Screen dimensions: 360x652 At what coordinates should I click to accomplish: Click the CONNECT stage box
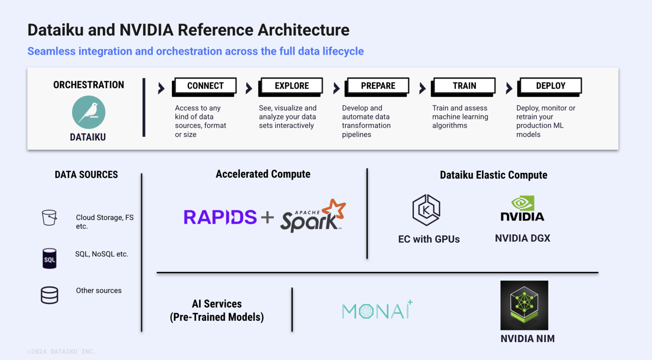(x=205, y=86)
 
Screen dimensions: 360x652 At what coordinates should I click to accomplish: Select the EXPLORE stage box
(x=291, y=86)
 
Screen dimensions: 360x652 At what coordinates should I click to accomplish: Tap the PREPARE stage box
(x=378, y=86)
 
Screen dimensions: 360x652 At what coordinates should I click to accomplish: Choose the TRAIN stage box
(x=464, y=86)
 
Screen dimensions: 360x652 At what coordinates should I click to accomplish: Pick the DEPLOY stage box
(x=550, y=86)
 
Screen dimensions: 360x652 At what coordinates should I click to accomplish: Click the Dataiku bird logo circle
(x=88, y=112)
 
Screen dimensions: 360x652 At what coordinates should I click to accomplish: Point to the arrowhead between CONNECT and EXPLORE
(x=249, y=88)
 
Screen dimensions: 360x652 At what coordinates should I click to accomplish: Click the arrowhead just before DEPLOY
(x=509, y=88)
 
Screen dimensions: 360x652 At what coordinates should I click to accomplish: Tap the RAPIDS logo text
(x=220, y=217)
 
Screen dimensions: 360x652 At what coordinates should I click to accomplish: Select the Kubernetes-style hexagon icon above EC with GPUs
(x=426, y=210)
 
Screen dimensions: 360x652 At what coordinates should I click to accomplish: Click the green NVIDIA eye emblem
(x=523, y=203)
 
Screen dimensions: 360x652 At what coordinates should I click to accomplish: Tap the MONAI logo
(x=377, y=311)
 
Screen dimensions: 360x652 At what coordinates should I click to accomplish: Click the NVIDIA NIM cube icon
(x=524, y=305)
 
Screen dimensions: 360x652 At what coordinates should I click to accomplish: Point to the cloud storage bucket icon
(x=49, y=218)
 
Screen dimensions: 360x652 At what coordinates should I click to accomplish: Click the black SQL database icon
(x=49, y=258)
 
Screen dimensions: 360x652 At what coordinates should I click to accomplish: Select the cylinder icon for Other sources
(x=49, y=295)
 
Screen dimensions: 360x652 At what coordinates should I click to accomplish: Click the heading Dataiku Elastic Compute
(x=493, y=175)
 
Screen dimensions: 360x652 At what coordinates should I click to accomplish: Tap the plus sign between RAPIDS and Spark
(x=267, y=217)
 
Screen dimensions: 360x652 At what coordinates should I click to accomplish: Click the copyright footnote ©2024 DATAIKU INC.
(x=62, y=351)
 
